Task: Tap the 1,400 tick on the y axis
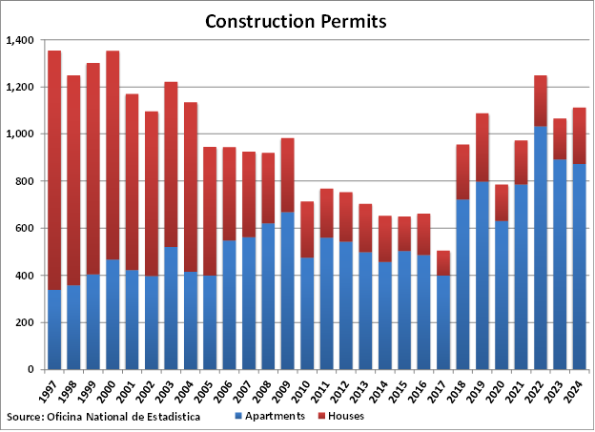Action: click(19, 40)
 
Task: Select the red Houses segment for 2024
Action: click(578, 135)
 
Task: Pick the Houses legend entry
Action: click(345, 416)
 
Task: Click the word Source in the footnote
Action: click(25, 417)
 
